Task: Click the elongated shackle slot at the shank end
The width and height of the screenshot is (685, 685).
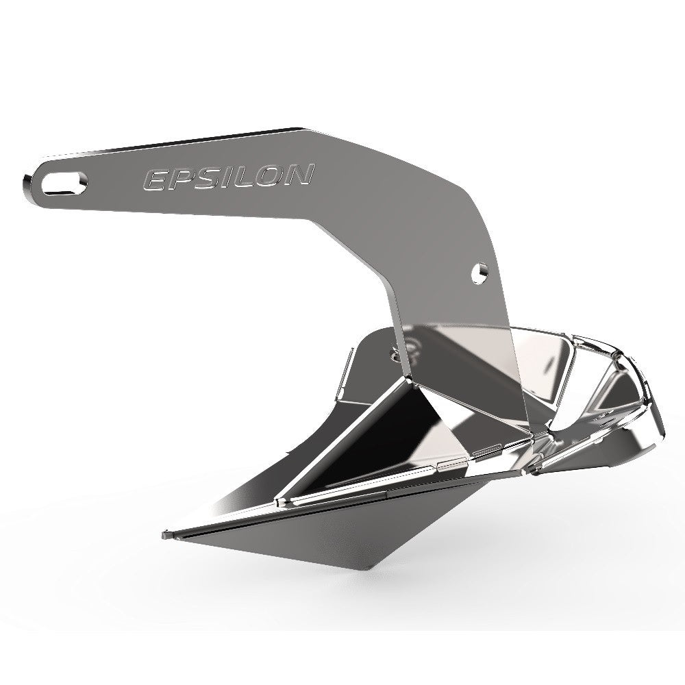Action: [64, 183]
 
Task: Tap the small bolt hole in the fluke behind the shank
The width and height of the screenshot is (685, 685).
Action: [395, 353]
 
